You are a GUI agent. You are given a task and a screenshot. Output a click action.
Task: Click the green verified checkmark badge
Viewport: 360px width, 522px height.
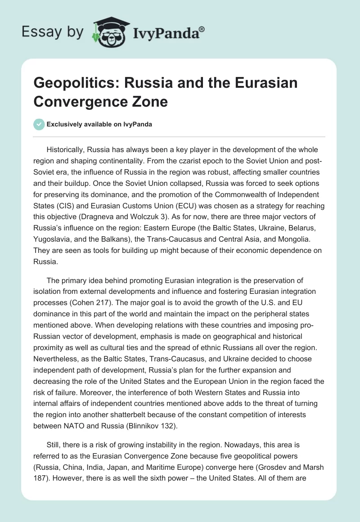point(39,124)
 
